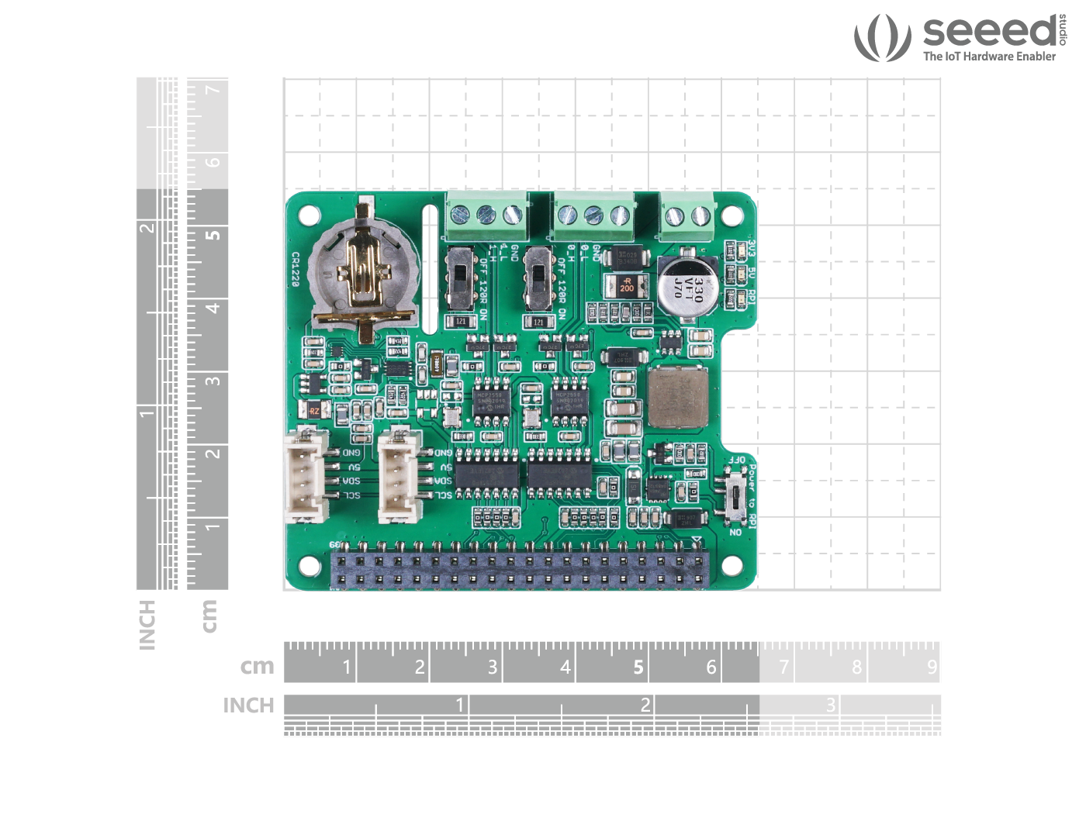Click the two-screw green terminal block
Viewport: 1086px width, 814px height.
tap(688, 215)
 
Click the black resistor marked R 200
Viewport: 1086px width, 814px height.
tap(626, 285)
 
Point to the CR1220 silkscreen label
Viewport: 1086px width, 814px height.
tap(296, 269)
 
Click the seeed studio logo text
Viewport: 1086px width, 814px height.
tap(990, 32)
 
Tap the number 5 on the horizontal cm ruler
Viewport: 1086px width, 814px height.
tap(638, 667)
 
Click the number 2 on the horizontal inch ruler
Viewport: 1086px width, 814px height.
tap(645, 704)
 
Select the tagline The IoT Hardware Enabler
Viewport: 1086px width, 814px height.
tap(989, 57)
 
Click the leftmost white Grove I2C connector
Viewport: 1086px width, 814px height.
tap(307, 475)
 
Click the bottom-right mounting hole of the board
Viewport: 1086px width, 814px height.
tap(732, 567)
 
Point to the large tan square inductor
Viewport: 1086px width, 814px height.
tap(678, 398)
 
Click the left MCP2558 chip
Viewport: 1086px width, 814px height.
tap(490, 402)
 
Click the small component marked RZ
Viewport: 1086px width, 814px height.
tap(314, 411)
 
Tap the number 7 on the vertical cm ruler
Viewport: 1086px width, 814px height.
tap(213, 90)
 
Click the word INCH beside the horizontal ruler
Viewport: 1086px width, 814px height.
tap(248, 705)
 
